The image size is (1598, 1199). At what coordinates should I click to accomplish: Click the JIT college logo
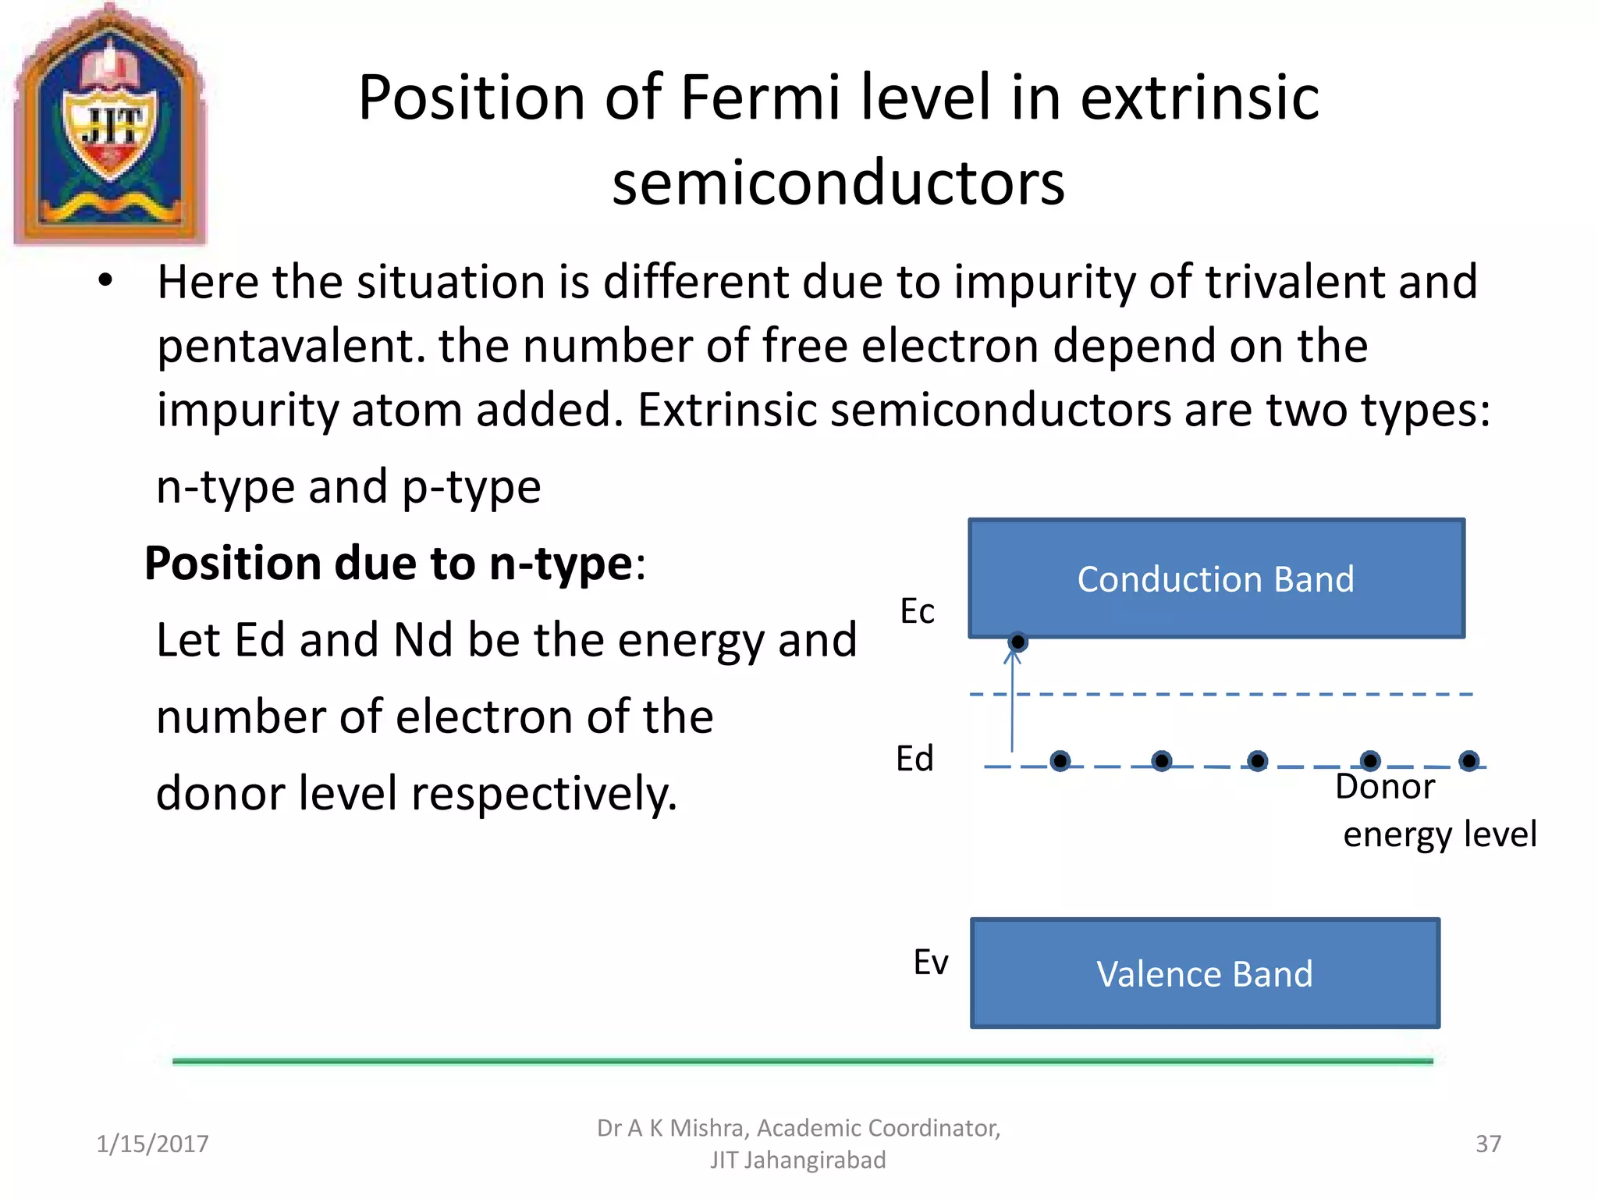[110, 125]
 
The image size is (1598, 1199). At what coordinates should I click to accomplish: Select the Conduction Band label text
[1215, 579]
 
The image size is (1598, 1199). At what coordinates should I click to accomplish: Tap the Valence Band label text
[1204, 974]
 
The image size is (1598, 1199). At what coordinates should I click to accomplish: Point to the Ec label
[917, 611]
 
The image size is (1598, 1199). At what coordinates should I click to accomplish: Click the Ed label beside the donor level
[914, 759]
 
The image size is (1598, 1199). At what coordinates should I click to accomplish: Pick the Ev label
[931, 962]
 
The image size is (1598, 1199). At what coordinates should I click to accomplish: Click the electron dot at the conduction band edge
[1017, 642]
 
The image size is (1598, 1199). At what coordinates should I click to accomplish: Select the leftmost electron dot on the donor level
[1060, 760]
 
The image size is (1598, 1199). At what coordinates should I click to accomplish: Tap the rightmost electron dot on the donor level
[1468, 760]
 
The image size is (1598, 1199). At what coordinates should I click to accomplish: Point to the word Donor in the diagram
[1385, 787]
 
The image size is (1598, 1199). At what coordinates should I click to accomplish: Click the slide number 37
[1488, 1144]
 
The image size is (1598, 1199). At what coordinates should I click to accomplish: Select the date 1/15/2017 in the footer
[152, 1144]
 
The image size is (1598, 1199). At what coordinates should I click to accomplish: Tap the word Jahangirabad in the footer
[815, 1160]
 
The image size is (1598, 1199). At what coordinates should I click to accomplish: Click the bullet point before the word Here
[106, 281]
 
